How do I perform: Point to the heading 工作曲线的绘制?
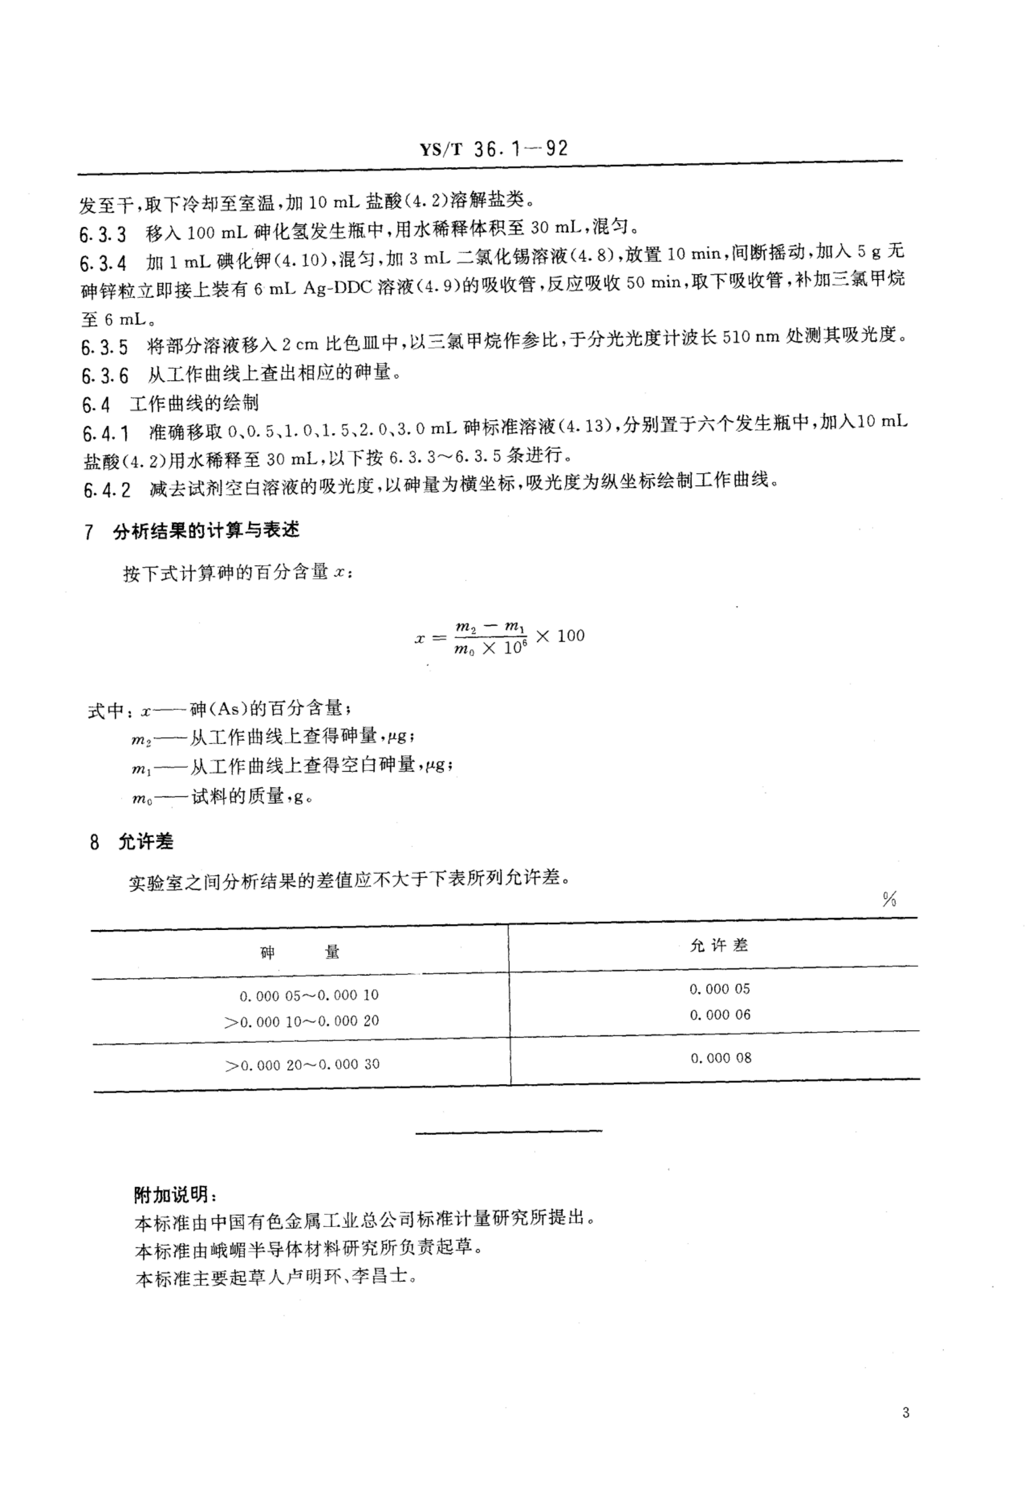point(194,404)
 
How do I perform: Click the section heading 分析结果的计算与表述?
point(206,531)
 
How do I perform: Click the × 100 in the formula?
point(561,636)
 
